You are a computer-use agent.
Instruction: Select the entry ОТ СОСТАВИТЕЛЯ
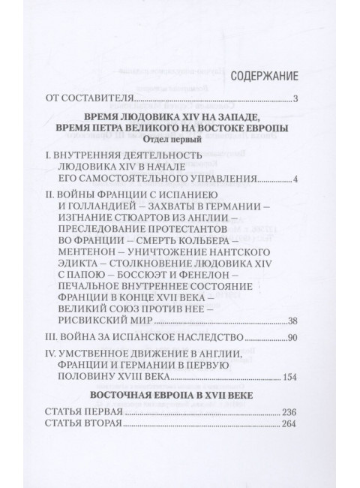pos(89,98)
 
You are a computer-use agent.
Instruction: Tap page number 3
pos(297,98)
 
